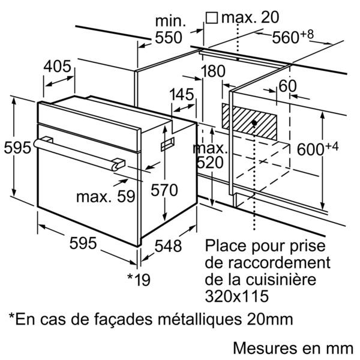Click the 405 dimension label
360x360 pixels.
point(58,67)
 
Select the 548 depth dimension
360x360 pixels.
point(168,246)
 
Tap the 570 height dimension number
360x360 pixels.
point(164,190)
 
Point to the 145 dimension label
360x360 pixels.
point(182,94)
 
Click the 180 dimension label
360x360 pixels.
point(213,71)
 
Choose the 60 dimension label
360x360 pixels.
point(287,86)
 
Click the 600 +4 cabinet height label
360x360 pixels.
point(317,148)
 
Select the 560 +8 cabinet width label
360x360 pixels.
point(293,37)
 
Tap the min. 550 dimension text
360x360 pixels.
point(169,29)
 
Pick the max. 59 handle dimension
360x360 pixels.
point(106,197)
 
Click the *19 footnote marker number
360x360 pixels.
point(139,280)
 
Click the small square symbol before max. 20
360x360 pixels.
point(212,18)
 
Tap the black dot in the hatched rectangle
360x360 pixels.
point(254,123)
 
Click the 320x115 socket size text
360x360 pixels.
point(237,296)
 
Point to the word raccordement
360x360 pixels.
point(279,263)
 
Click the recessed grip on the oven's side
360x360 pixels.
point(167,144)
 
